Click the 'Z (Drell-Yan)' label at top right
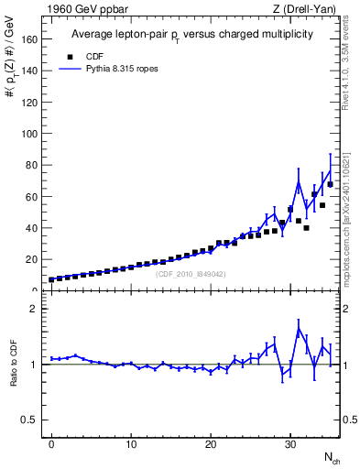(x=305, y=9)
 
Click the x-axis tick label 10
(x=131, y=444)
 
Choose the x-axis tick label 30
(x=290, y=444)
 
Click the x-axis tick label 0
(x=51, y=444)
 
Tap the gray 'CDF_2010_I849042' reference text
(x=190, y=274)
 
